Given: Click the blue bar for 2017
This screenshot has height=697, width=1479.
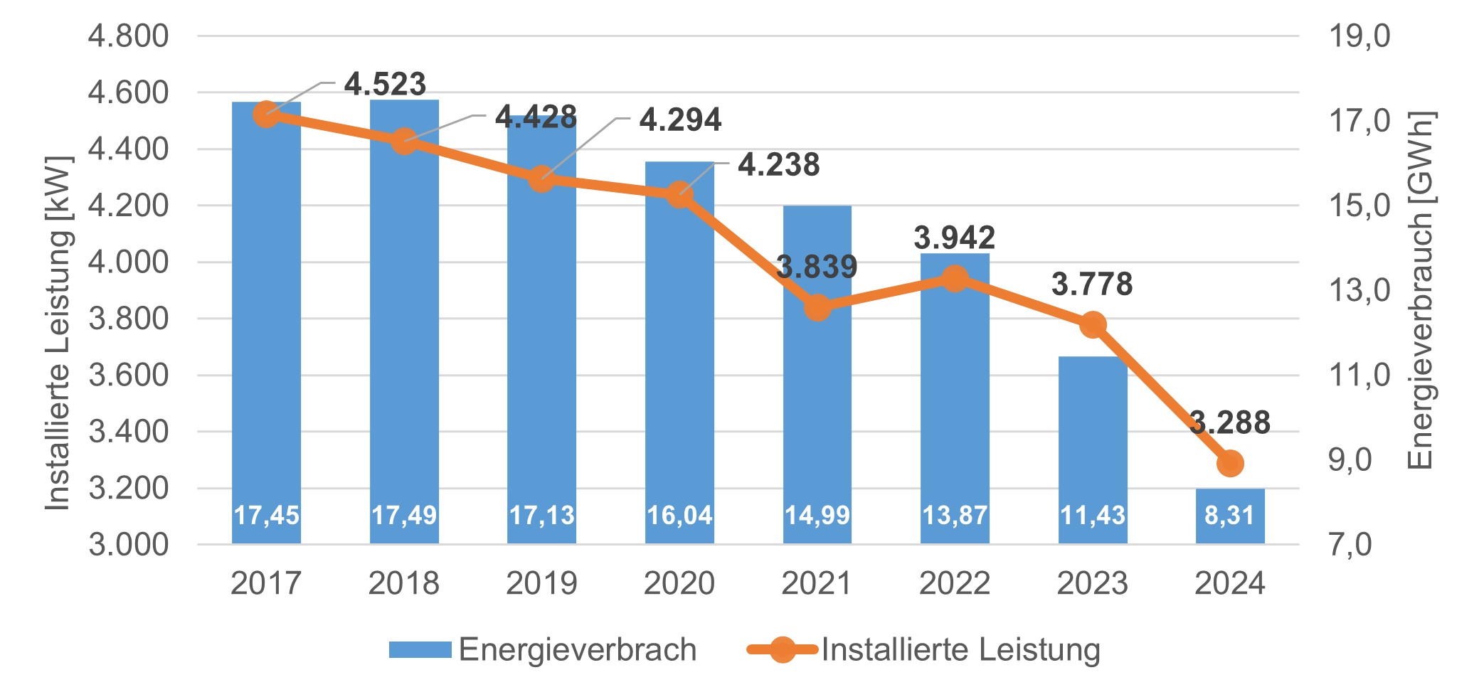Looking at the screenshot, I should pyautogui.click(x=266, y=320).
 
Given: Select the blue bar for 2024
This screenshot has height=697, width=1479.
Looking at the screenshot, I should pyautogui.click(x=1230, y=516).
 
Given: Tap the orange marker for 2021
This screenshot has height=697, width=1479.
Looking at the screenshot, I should pyautogui.click(x=817, y=308).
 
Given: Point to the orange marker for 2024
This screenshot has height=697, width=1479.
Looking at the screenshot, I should pyautogui.click(x=1230, y=464).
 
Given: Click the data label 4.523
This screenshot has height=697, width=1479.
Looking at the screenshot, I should pyautogui.click(x=385, y=85).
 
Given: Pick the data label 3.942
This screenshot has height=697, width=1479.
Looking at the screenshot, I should pyautogui.click(x=954, y=238).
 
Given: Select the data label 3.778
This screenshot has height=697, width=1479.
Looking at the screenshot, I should pyautogui.click(x=1092, y=284).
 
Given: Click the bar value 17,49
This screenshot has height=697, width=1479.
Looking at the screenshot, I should pyautogui.click(x=404, y=515).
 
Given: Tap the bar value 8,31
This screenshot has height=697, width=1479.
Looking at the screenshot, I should pyautogui.click(x=1230, y=515).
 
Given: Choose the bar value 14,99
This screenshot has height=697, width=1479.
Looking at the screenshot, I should pyautogui.click(x=817, y=515).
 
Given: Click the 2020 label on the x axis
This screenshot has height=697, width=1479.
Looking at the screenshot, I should pyautogui.click(x=679, y=583).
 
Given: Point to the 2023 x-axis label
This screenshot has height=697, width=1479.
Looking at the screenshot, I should pyautogui.click(x=1092, y=583).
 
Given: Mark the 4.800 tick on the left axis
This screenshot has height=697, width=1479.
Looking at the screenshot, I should pyautogui.click(x=128, y=36).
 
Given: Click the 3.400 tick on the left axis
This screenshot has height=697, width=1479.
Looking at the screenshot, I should pyautogui.click(x=128, y=432).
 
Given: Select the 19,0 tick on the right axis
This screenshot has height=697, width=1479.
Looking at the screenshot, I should pyautogui.click(x=1359, y=36).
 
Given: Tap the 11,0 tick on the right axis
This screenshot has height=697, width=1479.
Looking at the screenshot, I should pyautogui.click(x=1359, y=375).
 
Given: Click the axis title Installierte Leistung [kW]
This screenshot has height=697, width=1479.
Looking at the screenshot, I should pyautogui.click(x=58, y=332).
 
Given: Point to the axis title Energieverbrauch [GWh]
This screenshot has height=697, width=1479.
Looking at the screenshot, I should pyautogui.click(x=1420, y=290).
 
